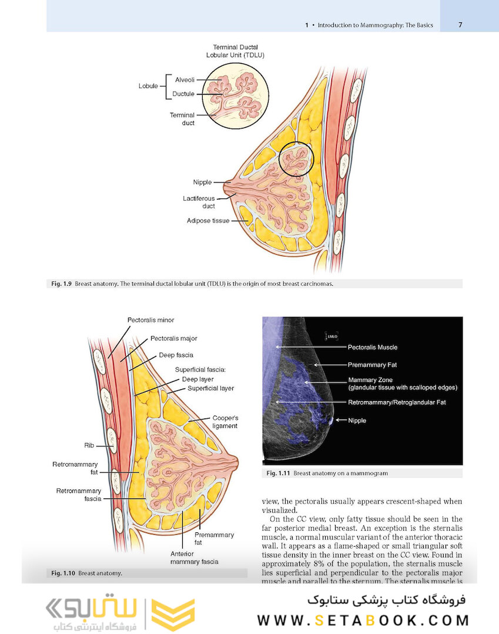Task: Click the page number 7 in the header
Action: (460, 25)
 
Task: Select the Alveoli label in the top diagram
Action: (185, 79)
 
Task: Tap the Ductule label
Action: (184, 94)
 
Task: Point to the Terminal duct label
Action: (182, 119)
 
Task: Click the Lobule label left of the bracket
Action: (148, 86)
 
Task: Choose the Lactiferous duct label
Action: (199, 203)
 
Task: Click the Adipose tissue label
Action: (208, 221)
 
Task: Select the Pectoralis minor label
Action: (150, 320)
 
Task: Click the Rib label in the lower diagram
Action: (89, 446)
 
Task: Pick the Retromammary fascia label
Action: (79, 495)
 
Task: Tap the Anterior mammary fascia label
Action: (194, 557)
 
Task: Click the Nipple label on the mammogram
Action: (357, 420)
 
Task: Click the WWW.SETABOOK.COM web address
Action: (363, 620)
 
